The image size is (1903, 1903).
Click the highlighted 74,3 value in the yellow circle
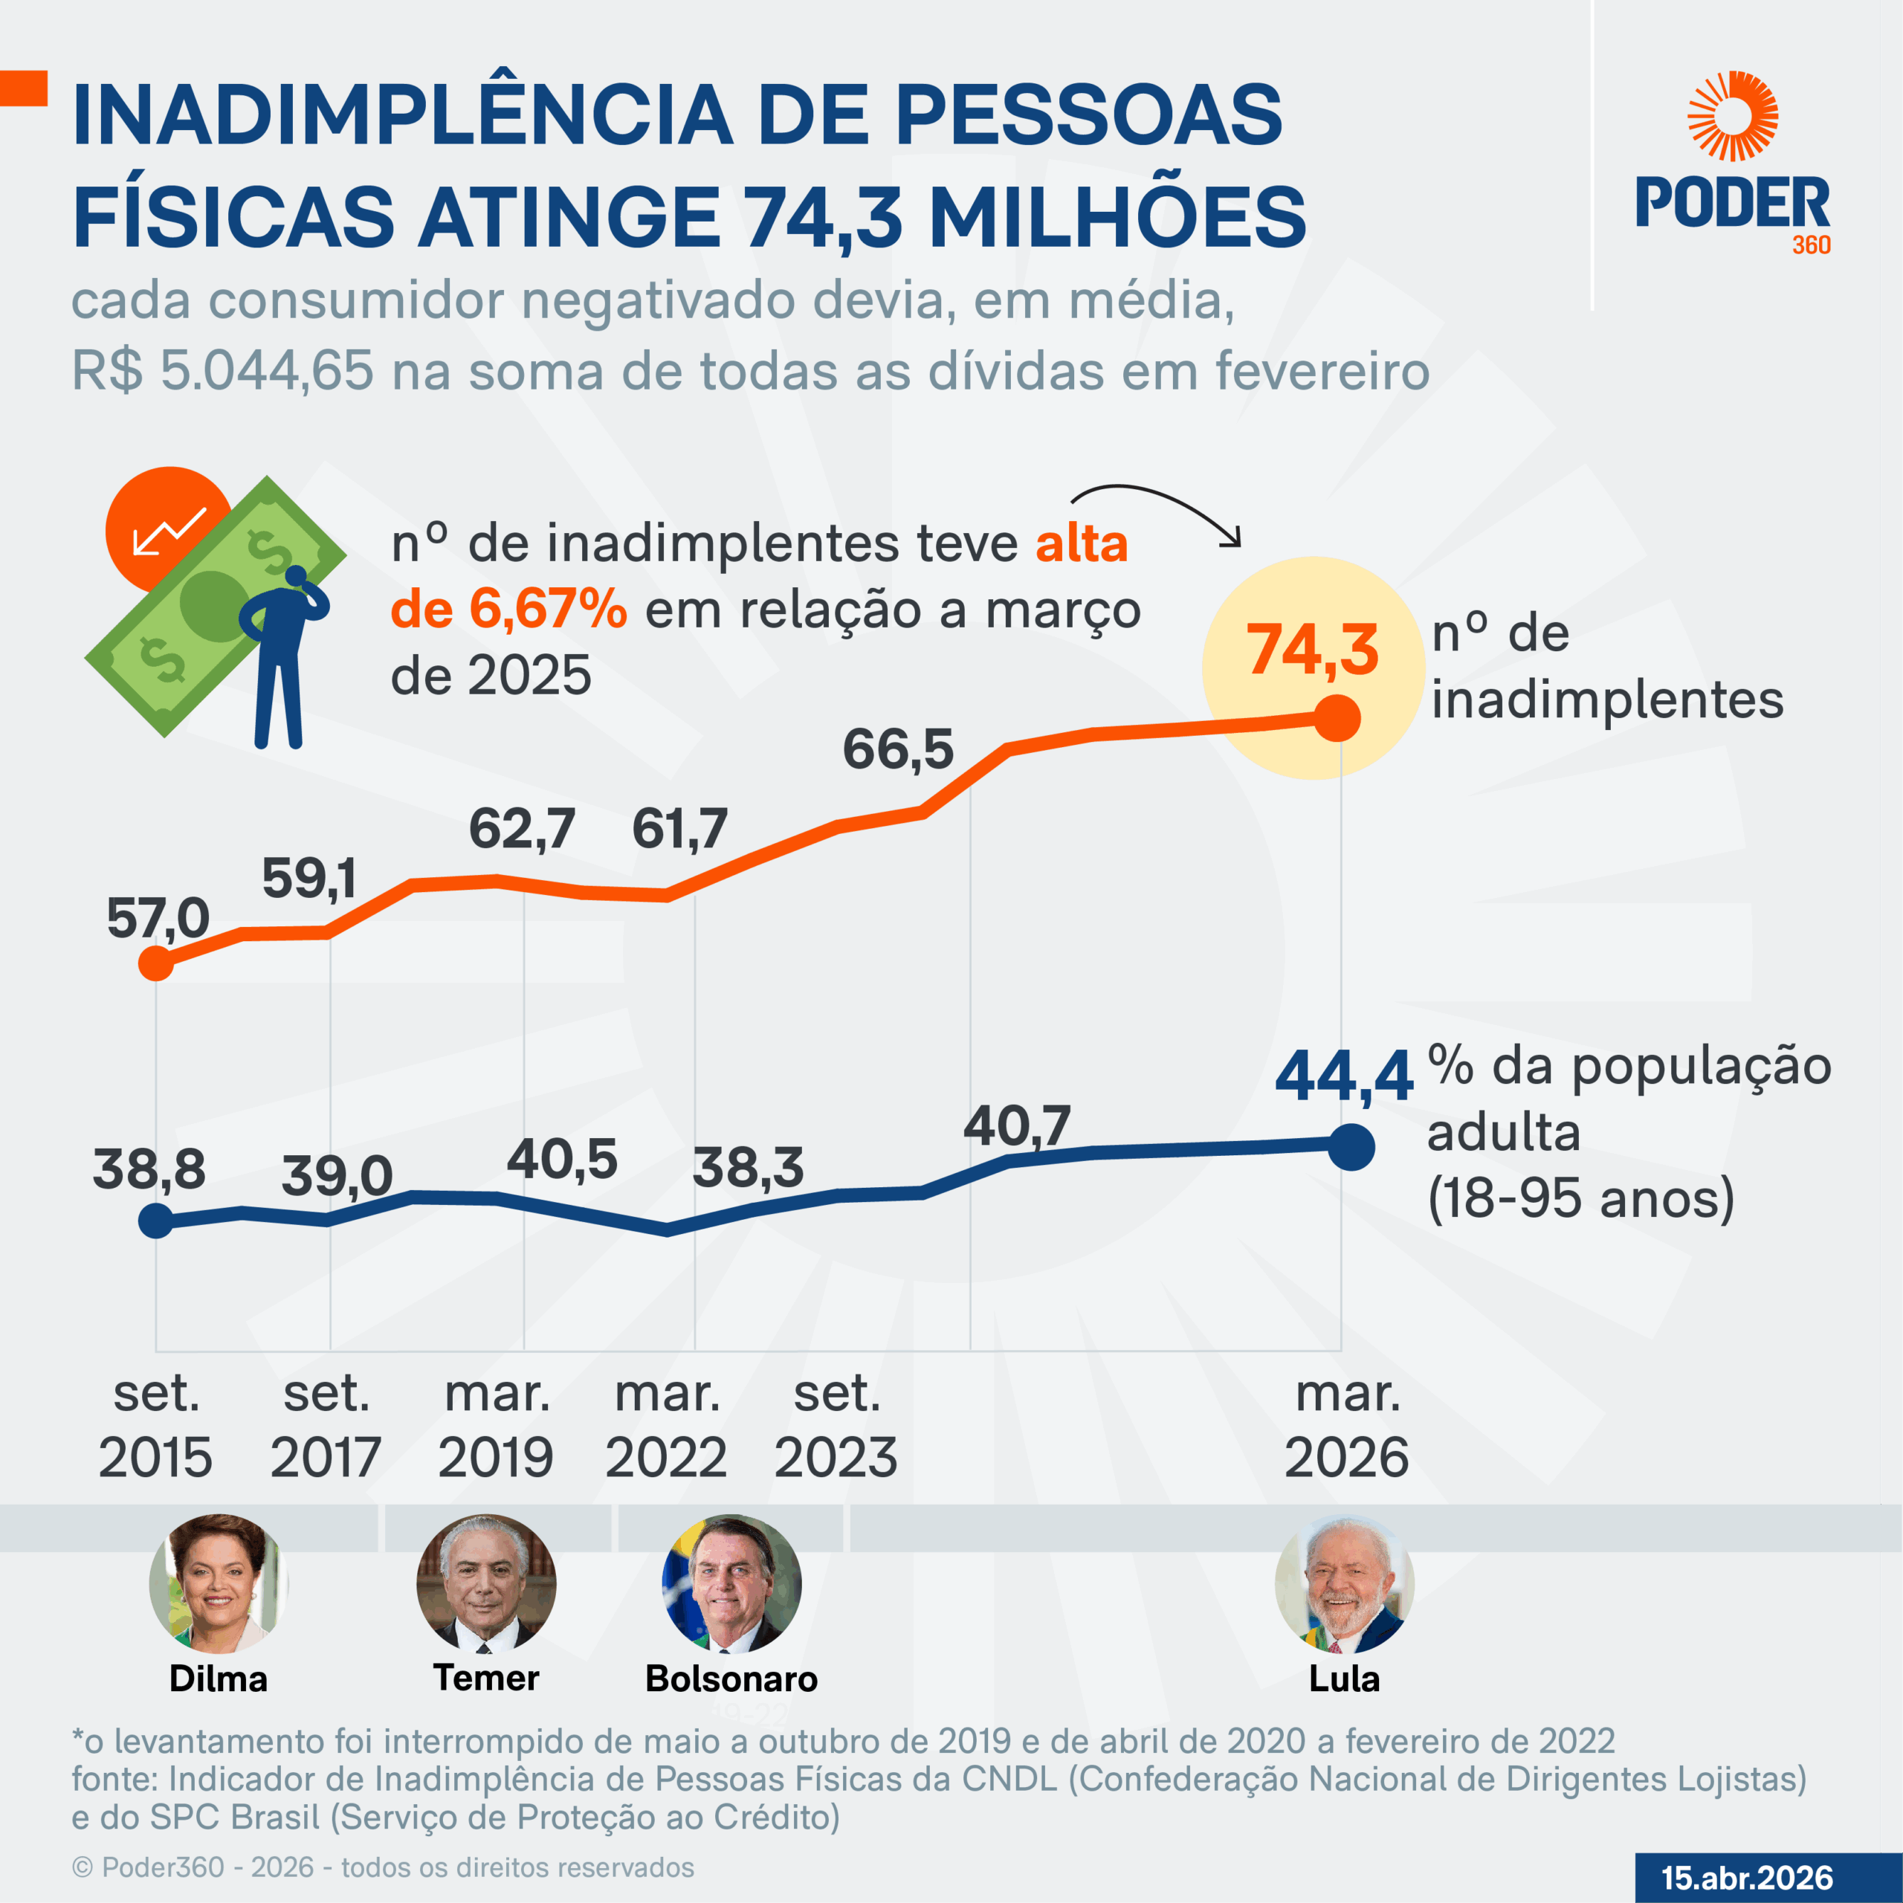pyautogui.click(x=1312, y=650)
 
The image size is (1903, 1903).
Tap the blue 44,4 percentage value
pyautogui.click(x=1343, y=1076)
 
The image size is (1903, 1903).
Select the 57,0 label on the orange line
pyautogui.click(x=158, y=918)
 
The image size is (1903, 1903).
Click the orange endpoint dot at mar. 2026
pyautogui.click(x=1337, y=718)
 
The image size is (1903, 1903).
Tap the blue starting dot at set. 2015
pyautogui.click(x=155, y=1221)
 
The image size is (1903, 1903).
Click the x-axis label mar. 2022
pyautogui.click(x=667, y=1424)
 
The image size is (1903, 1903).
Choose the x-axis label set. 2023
pyautogui.click(x=836, y=1424)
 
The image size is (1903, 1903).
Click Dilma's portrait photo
pyautogui.click(x=218, y=1583)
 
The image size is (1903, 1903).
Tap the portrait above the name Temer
pyautogui.click(x=485, y=1583)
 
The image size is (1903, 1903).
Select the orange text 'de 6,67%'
pyautogui.click(x=508, y=609)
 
